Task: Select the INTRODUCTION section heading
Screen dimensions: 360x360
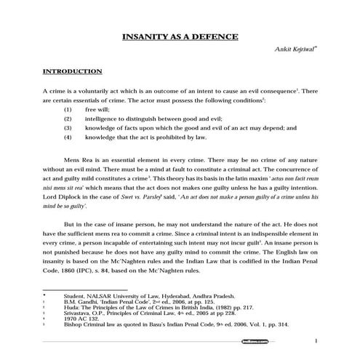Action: click(72, 72)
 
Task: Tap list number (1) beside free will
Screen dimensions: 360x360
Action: click(68, 108)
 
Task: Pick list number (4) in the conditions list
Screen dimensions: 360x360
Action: click(68, 136)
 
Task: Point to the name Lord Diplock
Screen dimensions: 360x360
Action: click(65, 196)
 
